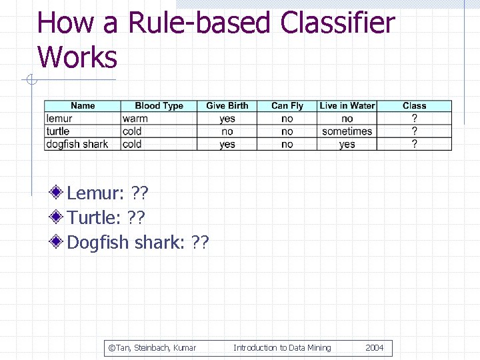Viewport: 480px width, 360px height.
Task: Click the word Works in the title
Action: pos(77,57)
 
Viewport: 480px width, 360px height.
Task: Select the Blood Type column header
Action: pos(159,105)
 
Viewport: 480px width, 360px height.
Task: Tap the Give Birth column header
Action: pos(227,105)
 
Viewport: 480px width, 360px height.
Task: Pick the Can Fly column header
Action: pos(287,105)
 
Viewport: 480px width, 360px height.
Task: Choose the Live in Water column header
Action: pos(347,105)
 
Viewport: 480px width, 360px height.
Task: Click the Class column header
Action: pos(414,105)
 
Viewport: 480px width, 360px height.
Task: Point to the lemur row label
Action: pos(59,119)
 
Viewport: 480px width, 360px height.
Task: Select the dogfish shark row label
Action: pos(77,144)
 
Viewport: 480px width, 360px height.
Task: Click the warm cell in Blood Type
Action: pos(135,119)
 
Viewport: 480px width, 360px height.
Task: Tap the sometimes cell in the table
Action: pos(347,131)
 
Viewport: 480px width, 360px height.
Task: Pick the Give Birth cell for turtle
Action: pos(227,131)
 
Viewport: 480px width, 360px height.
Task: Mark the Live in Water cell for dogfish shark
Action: pos(347,144)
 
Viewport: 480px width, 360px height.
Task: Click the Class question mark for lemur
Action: pos(414,119)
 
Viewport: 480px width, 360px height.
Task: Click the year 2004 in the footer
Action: pos(374,347)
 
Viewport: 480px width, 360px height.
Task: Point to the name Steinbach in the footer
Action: pos(151,347)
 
